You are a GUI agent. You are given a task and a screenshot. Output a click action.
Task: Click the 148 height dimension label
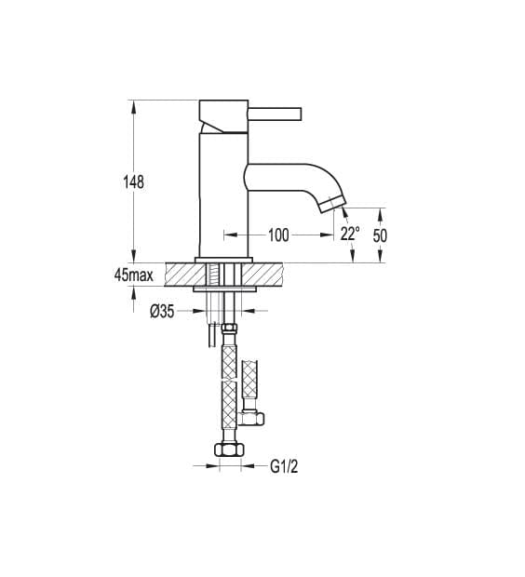pos(136,182)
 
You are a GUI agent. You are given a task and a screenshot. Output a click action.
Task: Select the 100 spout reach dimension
pos(277,235)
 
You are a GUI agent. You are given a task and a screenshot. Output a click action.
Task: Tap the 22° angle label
pos(349,235)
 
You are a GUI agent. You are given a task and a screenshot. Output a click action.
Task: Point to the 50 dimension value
pos(380,235)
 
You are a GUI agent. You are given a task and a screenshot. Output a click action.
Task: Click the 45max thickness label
pos(133,275)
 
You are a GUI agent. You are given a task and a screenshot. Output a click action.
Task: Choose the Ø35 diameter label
pos(162,312)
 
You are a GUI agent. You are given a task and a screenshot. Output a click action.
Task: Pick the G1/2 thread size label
pos(284,466)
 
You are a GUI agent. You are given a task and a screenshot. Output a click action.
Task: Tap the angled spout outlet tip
pos(332,203)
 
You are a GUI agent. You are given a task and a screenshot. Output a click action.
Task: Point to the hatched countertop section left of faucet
pos(182,275)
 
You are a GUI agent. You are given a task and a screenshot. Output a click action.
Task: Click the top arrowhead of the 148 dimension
pos(136,105)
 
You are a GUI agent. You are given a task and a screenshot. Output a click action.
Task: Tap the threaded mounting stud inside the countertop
pos(214,275)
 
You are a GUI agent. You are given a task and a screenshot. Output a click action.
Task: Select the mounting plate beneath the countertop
pos(223,290)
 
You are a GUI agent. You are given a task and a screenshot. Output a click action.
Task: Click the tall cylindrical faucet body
pos(223,195)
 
